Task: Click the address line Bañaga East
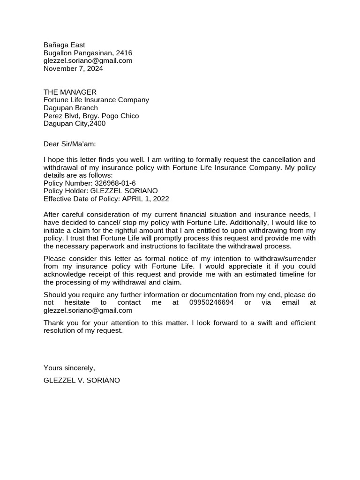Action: pos(64,45)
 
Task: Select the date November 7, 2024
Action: pos(73,69)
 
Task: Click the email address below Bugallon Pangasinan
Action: pos(88,61)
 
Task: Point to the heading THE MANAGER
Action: pos(70,92)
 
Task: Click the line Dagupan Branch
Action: pos(71,108)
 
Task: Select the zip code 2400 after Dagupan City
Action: pos(97,124)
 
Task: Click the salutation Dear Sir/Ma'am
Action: pos(69,144)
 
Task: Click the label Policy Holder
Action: pos(65,191)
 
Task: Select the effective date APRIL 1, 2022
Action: pos(145,199)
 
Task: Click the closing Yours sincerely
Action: pos(69,368)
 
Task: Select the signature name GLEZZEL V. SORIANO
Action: pos(82,381)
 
